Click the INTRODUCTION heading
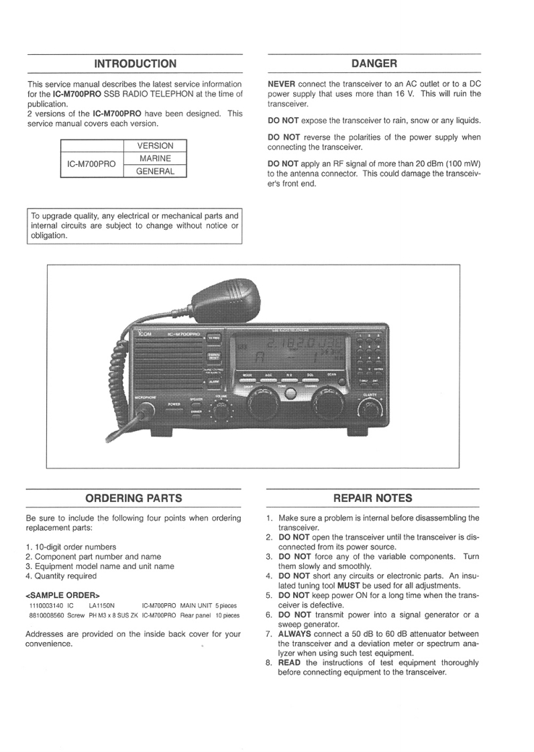point(135,64)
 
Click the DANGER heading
point(374,64)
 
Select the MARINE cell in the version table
point(155,158)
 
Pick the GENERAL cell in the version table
point(155,171)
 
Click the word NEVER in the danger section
point(281,84)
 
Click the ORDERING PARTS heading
point(134,498)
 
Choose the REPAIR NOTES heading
point(373,498)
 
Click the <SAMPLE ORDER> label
point(62,594)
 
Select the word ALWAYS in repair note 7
point(295,633)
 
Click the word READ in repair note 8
point(289,663)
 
